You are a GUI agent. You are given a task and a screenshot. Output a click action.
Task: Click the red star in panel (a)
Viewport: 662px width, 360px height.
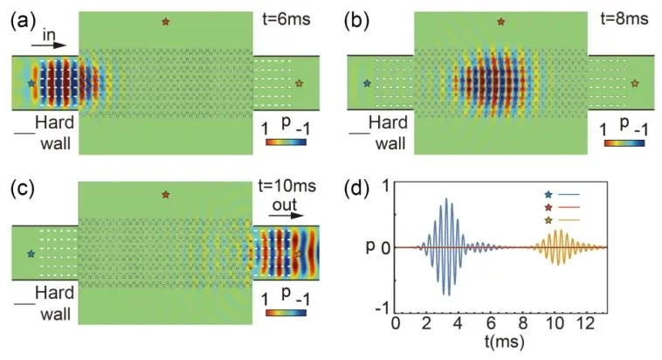[165, 21]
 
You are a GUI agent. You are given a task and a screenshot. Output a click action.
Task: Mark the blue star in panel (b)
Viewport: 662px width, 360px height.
[367, 83]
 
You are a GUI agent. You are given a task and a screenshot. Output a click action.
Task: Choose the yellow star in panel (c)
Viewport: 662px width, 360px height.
[299, 253]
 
